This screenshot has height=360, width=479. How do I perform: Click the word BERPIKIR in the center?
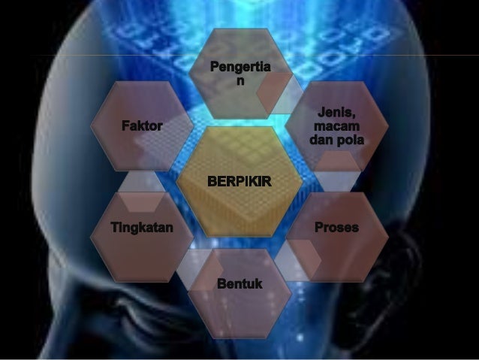click(x=239, y=183)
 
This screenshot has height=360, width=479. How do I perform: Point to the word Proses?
click(x=336, y=227)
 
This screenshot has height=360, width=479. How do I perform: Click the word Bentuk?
click(x=239, y=283)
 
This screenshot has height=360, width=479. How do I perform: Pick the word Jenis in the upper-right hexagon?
click(x=336, y=113)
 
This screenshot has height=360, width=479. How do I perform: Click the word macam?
click(x=336, y=127)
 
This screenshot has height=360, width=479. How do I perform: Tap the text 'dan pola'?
click(x=336, y=141)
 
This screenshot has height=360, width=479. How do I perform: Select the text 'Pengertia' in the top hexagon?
click(x=239, y=69)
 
